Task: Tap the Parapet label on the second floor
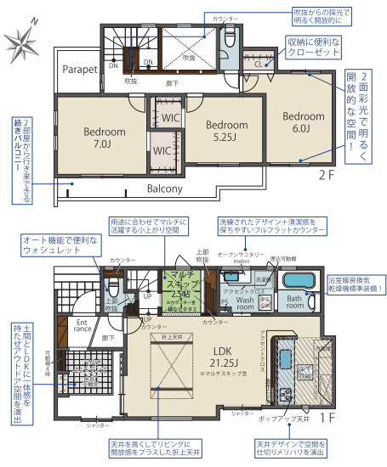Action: (x=77, y=70)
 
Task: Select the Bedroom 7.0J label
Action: (x=105, y=138)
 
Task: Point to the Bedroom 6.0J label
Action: (x=304, y=122)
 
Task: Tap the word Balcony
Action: (x=165, y=188)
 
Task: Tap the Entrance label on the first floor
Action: (x=83, y=326)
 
